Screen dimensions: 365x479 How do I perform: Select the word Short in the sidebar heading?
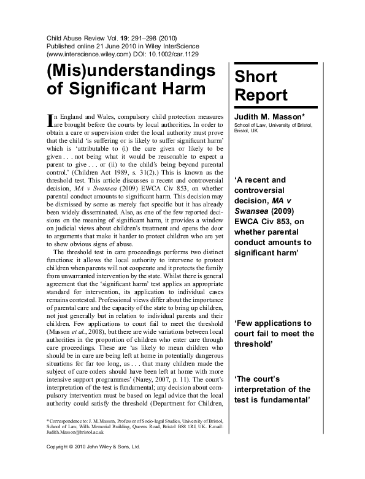point(255,77)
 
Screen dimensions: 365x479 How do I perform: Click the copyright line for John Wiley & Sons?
point(94,464)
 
